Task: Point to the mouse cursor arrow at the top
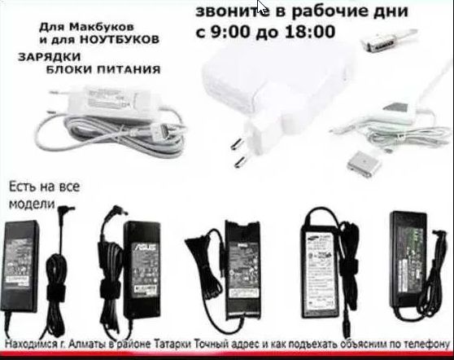261,8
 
